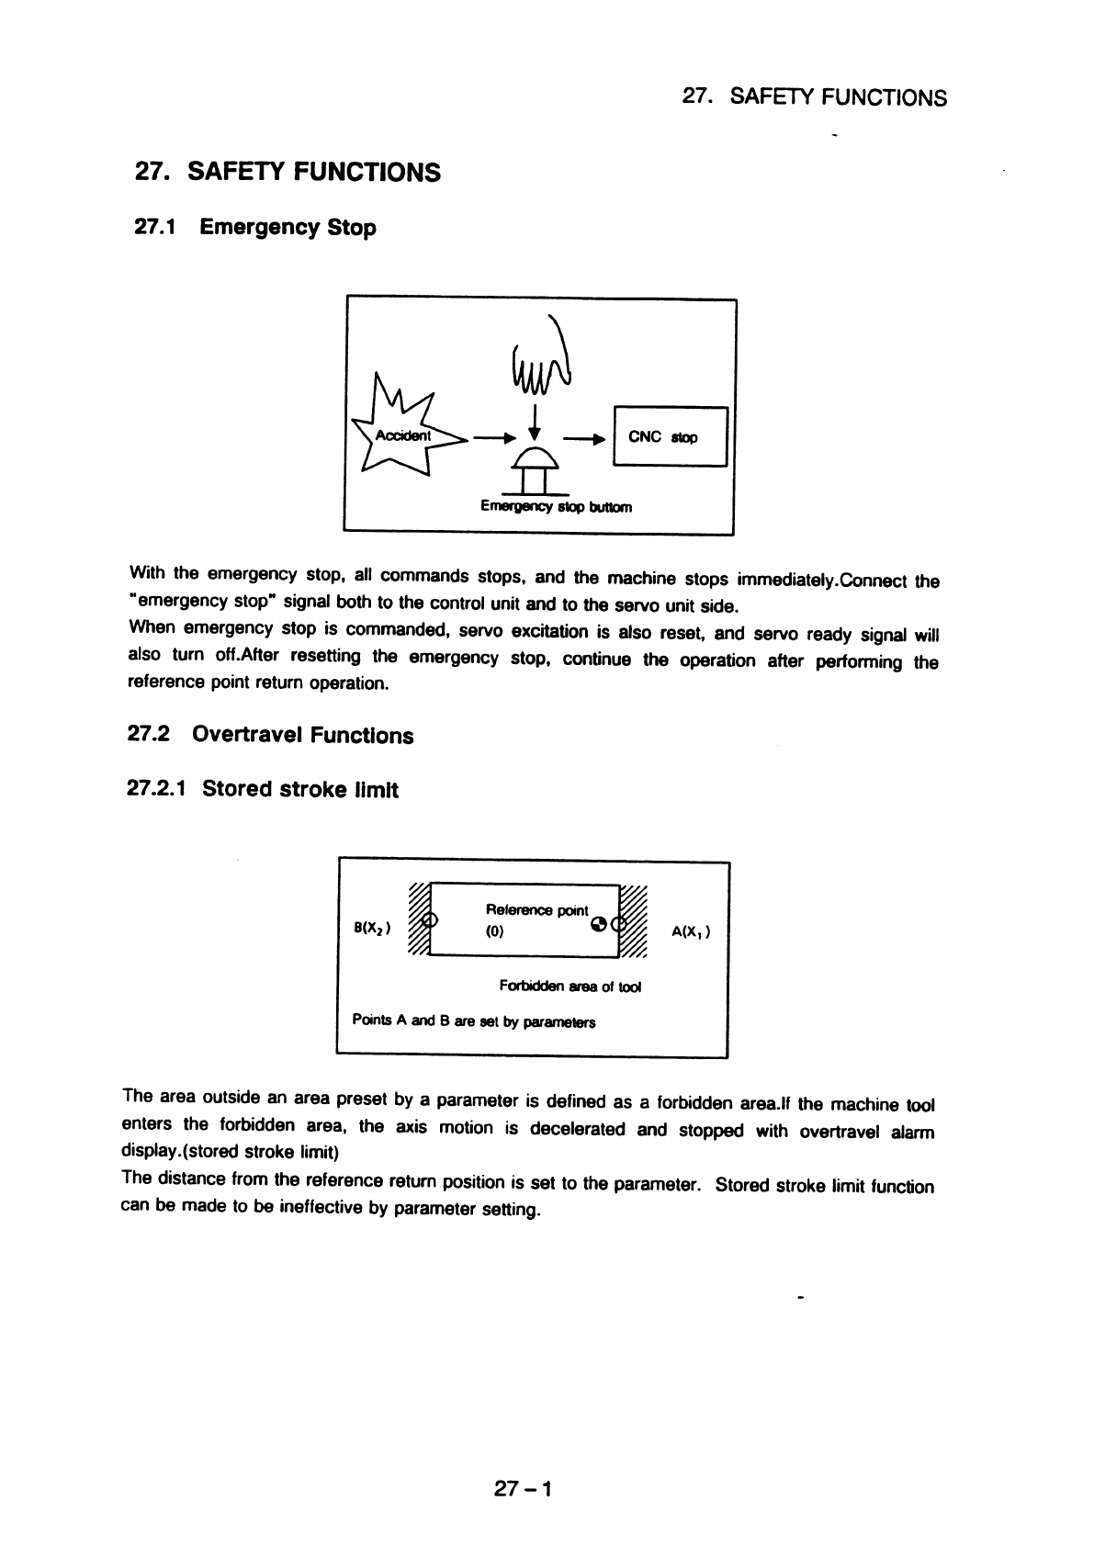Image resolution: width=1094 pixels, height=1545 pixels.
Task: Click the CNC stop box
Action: [x=670, y=436]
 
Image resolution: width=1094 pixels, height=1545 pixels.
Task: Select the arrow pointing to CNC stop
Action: [x=585, y=438]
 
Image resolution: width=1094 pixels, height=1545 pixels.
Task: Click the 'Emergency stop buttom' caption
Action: [x=556, y=506]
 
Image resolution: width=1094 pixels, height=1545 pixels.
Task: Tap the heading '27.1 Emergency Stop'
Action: [x=255, y=227]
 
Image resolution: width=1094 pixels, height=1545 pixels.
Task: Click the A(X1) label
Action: [x=692, y=930]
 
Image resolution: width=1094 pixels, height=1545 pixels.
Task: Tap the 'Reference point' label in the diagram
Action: [x=536, y=909]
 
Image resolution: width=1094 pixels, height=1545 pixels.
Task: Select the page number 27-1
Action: [x=522, y=1489]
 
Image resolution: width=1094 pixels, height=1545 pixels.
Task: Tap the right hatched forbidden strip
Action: [x=634, y=922]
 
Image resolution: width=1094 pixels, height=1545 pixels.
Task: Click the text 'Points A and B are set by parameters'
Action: [x=474, y=1021]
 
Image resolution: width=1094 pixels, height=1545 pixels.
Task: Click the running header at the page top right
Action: [x=815, y=97]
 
